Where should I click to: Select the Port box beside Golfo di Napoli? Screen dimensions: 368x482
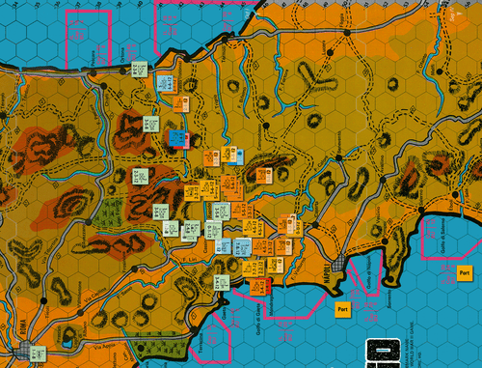[x=340, y=310]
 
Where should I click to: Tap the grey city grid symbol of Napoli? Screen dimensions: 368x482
[x=338, y=267]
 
